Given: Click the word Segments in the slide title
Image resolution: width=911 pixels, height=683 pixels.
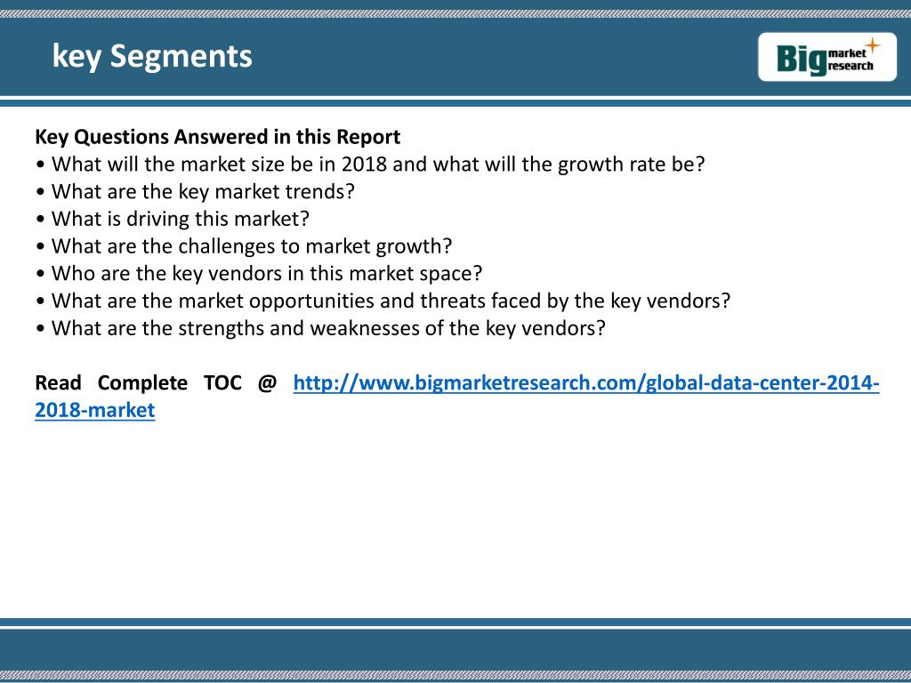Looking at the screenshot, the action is pyautogui.click(x=181, y=57).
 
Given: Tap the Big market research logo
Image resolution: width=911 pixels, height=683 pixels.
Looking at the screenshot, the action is pyautogui.click(x=826, y=57).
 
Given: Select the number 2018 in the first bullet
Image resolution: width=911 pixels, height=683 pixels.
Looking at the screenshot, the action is pyautogui.click(x=364, y=165).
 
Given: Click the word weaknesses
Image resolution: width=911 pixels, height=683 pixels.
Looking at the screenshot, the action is pyautogui.click(x=364, y=328).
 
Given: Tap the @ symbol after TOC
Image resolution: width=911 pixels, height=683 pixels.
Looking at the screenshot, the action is pyautogui.click(x=267, y=383).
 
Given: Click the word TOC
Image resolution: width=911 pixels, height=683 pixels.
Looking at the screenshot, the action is pyautogui.click(x=222, y=382).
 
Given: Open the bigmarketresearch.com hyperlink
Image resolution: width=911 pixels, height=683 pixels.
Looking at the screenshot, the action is pyautogui.click(x=586, y=383).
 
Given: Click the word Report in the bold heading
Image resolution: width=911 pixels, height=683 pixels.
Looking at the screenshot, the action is pyautogui.click(x=368, y=138).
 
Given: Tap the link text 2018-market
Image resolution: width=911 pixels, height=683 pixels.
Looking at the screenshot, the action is pyautogui.click(x=94, y=410).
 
